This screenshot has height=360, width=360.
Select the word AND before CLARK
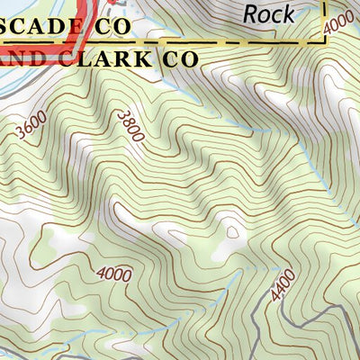[22, 58]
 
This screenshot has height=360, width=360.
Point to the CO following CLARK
[178, 58]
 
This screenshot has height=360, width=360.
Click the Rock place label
[268, 13]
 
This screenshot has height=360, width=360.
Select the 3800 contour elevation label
[131, 124]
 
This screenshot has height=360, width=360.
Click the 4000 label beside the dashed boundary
[339, 20]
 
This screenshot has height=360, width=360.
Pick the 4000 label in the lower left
[113, 274]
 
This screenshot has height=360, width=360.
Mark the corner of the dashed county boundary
[323, 41]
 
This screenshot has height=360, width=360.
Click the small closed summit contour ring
[232, 231]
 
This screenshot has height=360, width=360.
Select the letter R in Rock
[251, 13]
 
